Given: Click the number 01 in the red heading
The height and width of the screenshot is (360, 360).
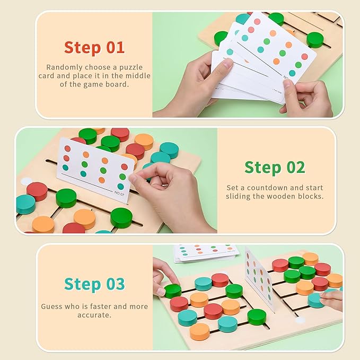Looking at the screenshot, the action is coord(115,48).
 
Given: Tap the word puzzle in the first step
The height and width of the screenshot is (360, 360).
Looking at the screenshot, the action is coord(131,67).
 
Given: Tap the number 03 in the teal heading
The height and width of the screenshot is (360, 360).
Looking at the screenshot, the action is coord(115,284).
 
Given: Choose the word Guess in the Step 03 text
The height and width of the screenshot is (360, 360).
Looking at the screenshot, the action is coord(51,306).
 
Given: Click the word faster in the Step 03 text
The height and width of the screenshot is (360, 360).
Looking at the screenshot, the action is coord(100,306).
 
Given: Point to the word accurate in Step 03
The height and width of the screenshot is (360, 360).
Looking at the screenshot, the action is coord(93,315).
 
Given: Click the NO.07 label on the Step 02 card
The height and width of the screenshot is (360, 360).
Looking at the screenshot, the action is coord(119,193).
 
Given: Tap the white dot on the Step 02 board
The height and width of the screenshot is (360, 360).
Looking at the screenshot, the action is coord(27,181).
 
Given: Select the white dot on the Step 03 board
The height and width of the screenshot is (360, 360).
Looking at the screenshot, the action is coord(300,320).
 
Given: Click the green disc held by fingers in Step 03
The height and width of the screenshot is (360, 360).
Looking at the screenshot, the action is coord(173,291).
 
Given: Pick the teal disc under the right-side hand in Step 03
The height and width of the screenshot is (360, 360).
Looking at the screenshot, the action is coord(316,300).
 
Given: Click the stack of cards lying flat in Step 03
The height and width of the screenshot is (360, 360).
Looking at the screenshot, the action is coord(206,253).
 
